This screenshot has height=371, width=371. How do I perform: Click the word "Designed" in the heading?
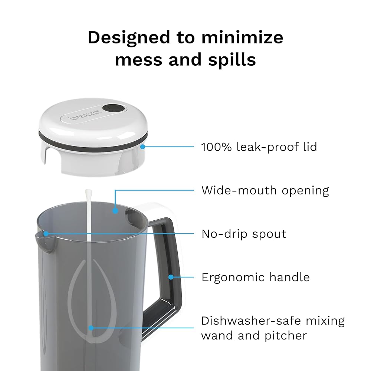click(x=129, y=37)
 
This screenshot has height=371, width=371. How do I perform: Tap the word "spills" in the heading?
click(x=232, y=60)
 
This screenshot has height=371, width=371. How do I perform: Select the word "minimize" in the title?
click(x=242, y=37)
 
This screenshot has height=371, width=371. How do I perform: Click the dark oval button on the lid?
click(x=114, y=109)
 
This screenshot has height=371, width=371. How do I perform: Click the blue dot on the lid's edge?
click(x=142, y=147)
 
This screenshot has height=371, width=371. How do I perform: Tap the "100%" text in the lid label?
click(x=216, y=147)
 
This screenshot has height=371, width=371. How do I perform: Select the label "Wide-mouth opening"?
click(x=265, y=190)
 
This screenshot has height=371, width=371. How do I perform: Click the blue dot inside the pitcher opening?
click(x=115, y=211)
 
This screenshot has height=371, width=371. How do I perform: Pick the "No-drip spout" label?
click(x=244, y=234)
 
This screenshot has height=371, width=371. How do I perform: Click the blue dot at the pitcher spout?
click(x=46, y=234)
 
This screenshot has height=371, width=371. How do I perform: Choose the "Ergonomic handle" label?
click(x=256, y=277)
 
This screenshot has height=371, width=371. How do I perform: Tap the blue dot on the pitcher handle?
click(x=171, y=277)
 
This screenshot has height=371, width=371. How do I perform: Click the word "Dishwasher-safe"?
click(x=251, y=321)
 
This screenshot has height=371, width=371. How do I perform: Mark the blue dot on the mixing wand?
click(x=91, y=328)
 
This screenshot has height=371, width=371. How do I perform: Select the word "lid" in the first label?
click(x=310, y=147)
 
